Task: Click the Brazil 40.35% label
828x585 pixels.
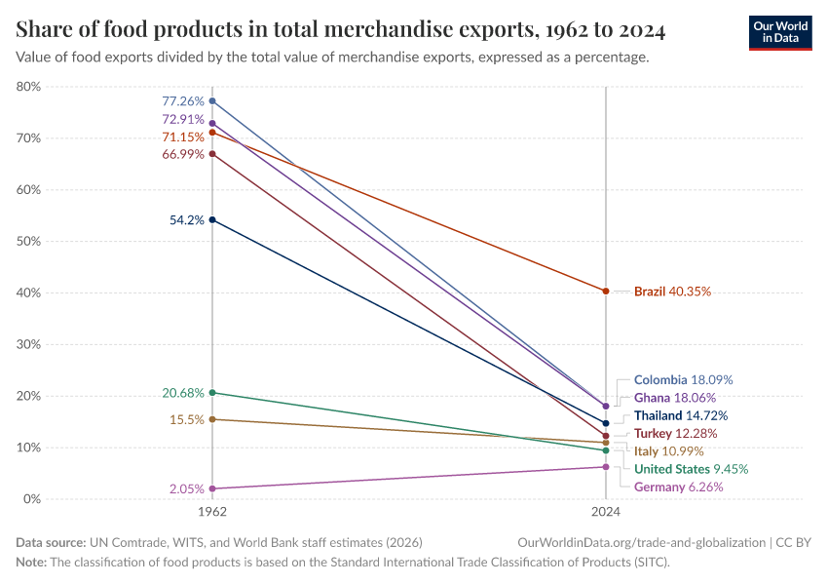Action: click(672, 291)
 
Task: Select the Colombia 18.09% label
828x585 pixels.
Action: click(683, 379)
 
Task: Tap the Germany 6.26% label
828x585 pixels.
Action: click(678, 487)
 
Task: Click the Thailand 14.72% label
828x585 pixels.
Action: click(680, 415)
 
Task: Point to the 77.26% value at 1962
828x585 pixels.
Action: click(183, 100)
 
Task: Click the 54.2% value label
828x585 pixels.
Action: click(187, 220)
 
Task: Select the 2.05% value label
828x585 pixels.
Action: click(186, 488)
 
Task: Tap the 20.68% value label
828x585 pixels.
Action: click(183, 393)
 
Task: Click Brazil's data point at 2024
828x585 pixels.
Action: click(606, 291)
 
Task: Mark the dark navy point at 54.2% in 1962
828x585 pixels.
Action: click(212, 219)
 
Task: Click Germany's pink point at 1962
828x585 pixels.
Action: click(212, 488)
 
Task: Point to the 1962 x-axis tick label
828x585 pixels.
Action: click(212, 511)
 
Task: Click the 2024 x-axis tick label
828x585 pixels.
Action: click(606, 511)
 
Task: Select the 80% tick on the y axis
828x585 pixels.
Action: click(28, 87)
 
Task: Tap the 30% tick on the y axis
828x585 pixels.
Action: click(28, 344)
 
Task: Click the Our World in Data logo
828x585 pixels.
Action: click(779, 31)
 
